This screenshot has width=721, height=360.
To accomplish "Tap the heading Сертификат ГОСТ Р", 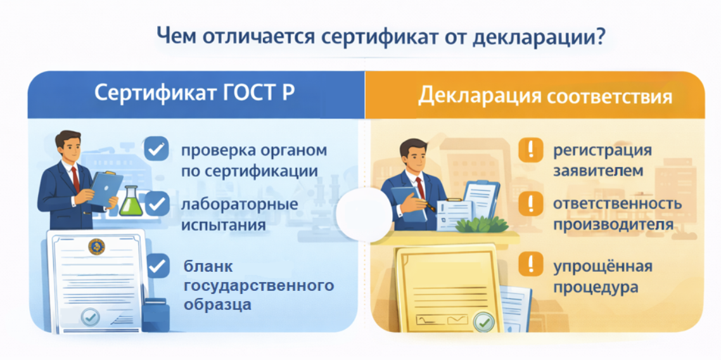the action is point(195,93).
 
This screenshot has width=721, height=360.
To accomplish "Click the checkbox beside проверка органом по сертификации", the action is point(156,148).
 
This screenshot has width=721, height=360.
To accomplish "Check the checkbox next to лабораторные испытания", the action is point(156,203).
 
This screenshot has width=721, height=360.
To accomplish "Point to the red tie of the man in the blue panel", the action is point(75,179).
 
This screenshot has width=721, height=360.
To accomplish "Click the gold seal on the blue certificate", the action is point(96,247).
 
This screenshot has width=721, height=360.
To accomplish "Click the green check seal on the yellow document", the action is point(484,322).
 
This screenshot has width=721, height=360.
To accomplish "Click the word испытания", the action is point(223,226).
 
